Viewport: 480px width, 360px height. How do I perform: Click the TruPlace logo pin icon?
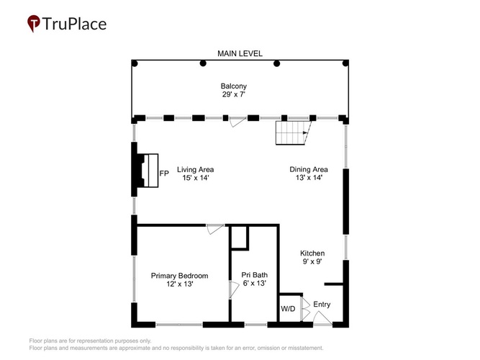pos(34,24)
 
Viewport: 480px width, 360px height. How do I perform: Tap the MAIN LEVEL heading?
pos(240,53)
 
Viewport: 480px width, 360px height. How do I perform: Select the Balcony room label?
pos(234,86)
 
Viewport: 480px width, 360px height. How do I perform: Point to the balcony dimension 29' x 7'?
pos(234,94)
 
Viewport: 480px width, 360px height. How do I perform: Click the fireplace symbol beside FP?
pos(148,171)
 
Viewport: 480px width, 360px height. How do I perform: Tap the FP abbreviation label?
pos(164,174)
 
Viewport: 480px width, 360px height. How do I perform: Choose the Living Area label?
pos(195,169)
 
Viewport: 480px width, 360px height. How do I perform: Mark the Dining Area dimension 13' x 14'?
pos(309,178)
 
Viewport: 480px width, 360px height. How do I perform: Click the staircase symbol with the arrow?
pos(294,132)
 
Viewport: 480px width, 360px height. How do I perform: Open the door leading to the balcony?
pos(238,122)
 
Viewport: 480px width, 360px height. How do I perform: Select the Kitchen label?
pos(312,253)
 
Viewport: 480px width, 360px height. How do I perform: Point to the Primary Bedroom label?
pos(179,276)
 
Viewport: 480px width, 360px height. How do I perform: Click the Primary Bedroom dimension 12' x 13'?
pos(179,284)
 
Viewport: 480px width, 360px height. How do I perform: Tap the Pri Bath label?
pos(254,275)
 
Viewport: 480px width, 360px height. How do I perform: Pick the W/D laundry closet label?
pos(288,309)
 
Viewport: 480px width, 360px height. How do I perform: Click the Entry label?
pos(322,305)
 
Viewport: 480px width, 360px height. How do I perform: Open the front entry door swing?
pos(322,318)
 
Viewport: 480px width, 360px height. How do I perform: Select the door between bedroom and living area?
pos(215,229)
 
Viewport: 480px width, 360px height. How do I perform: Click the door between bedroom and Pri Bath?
pos(234,290)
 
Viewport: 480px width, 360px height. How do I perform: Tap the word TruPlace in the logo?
pos(74,24)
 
